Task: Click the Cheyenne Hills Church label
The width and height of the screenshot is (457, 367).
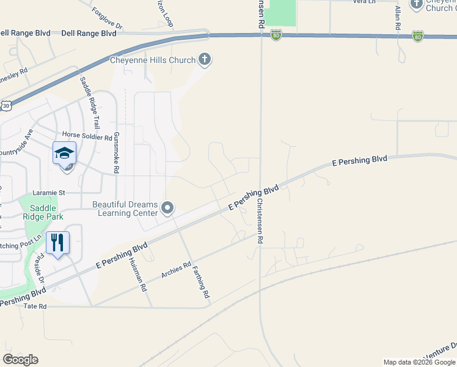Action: click(x=152, y=60)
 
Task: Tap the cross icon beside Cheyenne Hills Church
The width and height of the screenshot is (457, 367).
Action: click(x=205, y=59)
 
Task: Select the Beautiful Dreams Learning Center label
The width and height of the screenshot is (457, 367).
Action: click(x=125, y=209)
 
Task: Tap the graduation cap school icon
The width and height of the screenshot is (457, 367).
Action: click(x=64, y=154)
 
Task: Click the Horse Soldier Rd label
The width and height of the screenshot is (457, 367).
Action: click(x=88, y=138)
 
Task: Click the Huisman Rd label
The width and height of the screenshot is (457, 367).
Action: click(x=139, y=273)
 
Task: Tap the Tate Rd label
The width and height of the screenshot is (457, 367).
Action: click(x=35, y=306)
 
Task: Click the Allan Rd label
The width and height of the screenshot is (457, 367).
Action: click(x=397, y=18)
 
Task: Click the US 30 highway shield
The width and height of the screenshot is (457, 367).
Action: click(x=6, y=105)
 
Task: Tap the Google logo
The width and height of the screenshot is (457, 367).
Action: click(x=21, y=360)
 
